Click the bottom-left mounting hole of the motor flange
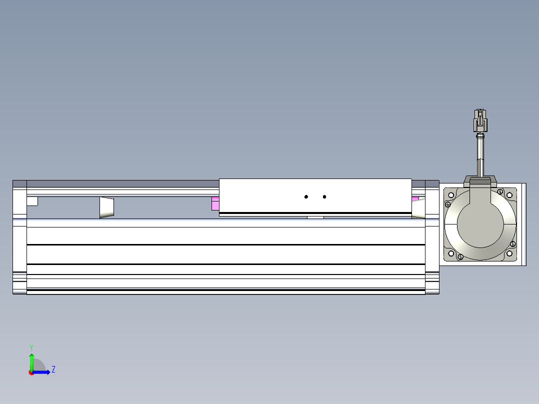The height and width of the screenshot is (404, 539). (x=451, y=253)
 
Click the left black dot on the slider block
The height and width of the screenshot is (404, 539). (x=306, y=197)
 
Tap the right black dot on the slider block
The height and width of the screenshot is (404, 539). (x=324, y=197)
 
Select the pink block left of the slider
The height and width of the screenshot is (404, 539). (x=215, y=203)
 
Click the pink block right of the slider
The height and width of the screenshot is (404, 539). (x=415, y=199)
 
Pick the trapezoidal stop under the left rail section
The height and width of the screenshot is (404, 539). (x=106, y=207)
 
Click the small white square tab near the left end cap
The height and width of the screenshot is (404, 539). (x=32, y=201)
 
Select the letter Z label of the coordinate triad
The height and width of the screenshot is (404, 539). (x=53, y=369)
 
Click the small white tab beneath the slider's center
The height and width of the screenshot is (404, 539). (x=315, y=217)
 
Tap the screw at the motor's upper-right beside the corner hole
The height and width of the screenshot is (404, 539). (x=500, y=191)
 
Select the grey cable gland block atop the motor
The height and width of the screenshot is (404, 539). (x=480, y=180)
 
